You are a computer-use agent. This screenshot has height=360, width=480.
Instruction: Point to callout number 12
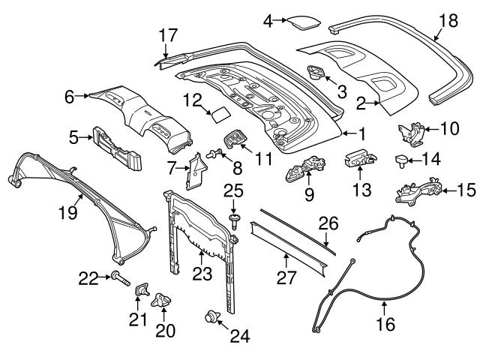click(193, 98)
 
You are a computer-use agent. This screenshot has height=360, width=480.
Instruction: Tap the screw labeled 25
click(234, 217)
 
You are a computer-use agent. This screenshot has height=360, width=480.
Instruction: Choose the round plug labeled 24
click(211, 318)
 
